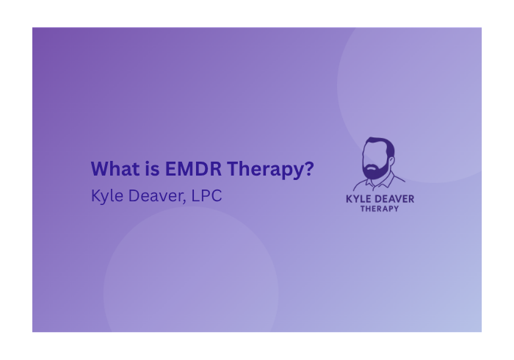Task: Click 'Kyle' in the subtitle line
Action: point(106,197)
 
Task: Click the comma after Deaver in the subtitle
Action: point(182,201)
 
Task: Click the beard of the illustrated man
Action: point(377,171)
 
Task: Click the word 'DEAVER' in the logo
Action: point(397,198)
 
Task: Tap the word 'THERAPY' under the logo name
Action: point(380,209)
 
